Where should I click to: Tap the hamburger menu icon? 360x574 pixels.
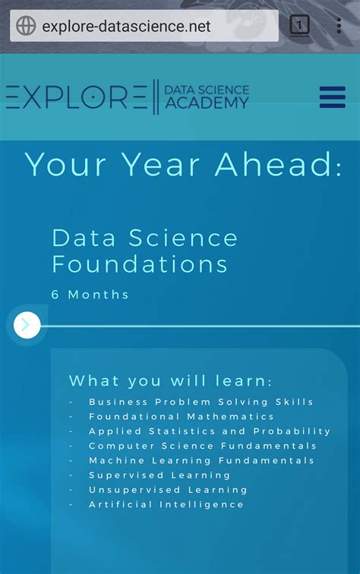coord(333,97)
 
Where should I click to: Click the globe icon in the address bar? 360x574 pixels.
coord(26,26)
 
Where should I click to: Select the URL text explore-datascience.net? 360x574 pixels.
coord(126,27)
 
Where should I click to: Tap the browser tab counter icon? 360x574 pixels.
coord(300,26)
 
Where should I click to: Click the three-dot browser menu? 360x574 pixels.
coord(339,26)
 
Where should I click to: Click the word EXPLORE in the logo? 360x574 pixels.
coord(76,98)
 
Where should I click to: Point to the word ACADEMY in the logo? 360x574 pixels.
coord(207,104)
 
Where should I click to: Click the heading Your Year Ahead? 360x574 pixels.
coord(183,164)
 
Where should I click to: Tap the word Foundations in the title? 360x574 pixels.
coord(140,264)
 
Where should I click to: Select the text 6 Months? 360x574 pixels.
coord(90,295)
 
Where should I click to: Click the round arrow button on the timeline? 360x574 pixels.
coord(26,326)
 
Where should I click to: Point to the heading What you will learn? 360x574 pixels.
coord(170,381)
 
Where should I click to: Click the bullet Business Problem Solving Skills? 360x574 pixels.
coord(201,402)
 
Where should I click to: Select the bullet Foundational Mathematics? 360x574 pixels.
coord(182,417)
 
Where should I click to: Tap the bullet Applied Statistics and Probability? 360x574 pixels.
coord(210,431)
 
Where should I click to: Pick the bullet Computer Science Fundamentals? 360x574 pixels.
coord(202,446)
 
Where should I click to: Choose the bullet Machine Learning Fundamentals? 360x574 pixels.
coord(201,460)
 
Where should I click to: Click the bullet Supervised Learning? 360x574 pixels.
coord(148,475)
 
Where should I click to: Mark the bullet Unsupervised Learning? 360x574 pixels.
coord(158,490)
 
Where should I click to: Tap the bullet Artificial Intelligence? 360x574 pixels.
coord(166,504)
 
